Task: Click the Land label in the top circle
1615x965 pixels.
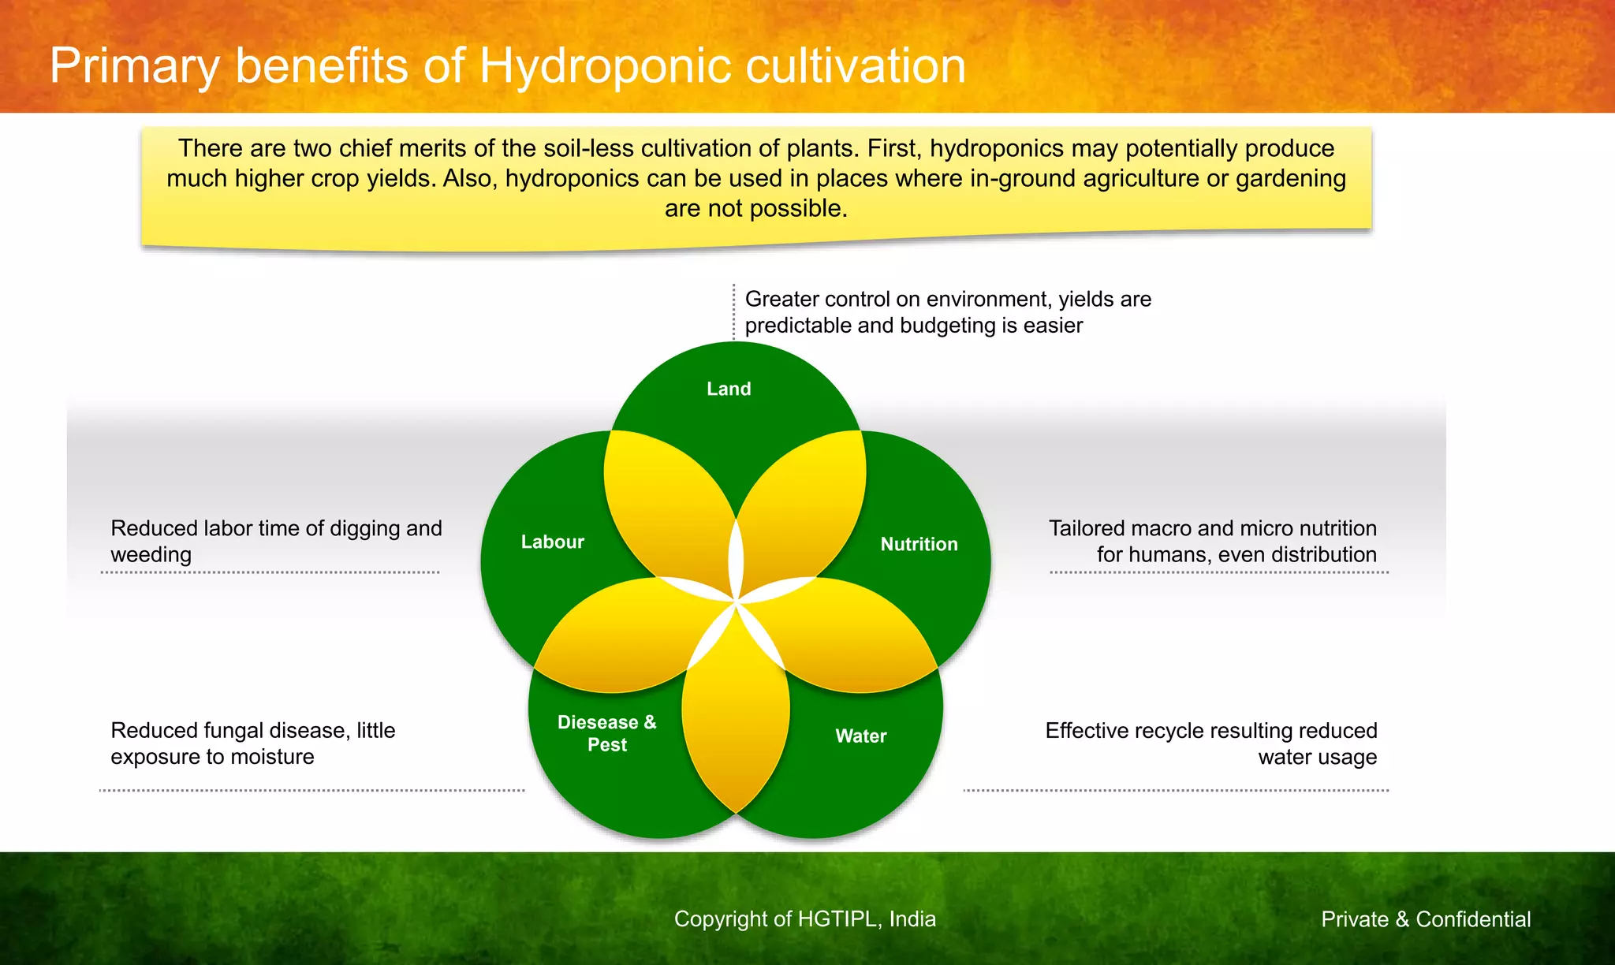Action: pos(729,389)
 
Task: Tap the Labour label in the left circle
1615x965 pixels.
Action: pos(552,542)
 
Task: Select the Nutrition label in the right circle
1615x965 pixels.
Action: pos(919,544)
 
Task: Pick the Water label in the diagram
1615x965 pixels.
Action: pos(861,736)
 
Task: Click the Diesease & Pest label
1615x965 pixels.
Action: pos(606,733)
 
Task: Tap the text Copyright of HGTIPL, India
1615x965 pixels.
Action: pos(804,919)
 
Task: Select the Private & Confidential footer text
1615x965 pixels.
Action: pos(1426,919)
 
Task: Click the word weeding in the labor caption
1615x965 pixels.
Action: pos(151,555)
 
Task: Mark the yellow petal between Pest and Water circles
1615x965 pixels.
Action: pos(735,710)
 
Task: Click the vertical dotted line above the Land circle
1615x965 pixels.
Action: pos(733,312)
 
